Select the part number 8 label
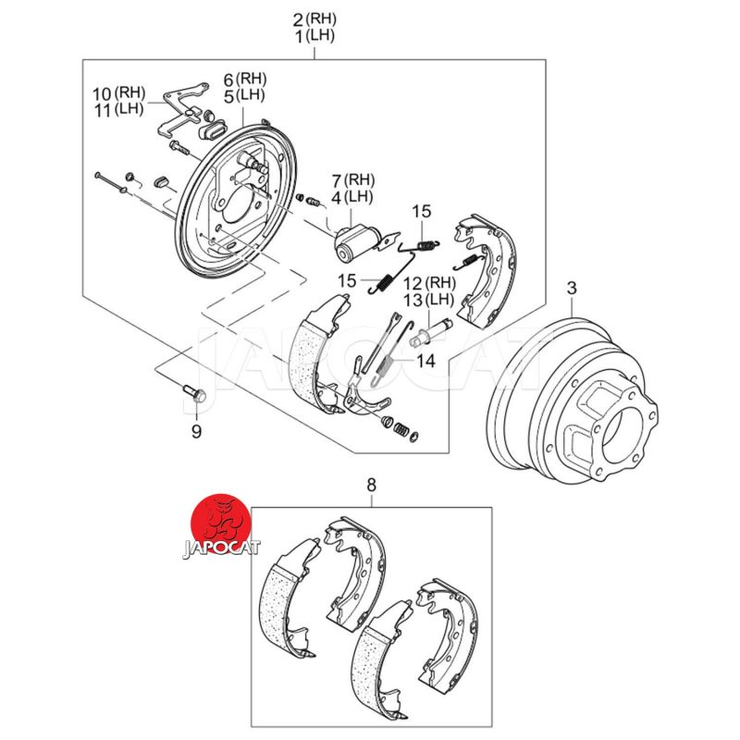[x=372, y=484]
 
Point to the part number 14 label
[x=425, y=361]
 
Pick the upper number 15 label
[x=422, y=212]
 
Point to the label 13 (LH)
[x=425, y=301]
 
